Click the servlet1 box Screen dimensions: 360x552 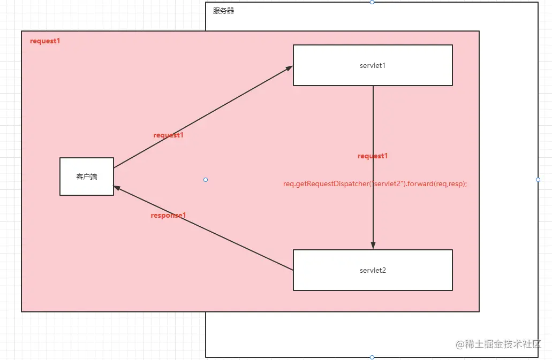[373, 65]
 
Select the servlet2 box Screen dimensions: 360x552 [373, 270]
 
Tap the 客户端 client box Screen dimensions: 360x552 [87, 177]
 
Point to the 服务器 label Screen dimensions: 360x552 [223, 11]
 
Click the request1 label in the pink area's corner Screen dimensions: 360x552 [45, 41]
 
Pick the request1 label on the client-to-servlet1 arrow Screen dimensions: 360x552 [168, 135]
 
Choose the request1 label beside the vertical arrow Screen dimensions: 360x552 [373, 156]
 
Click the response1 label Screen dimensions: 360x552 [168, 216]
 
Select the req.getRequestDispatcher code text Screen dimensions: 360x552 [375, 183]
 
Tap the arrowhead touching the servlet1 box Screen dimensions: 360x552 [289, 68]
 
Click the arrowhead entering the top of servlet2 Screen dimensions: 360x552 [373, 246]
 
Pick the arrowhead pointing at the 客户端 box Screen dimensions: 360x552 [117, 188]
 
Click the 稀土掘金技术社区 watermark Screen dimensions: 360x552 [498, 344]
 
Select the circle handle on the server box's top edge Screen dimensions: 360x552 [372, 2]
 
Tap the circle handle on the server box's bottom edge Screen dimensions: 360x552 [372, 357]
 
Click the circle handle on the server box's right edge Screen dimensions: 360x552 [538, 180]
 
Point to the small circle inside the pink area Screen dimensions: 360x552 [206, 180]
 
